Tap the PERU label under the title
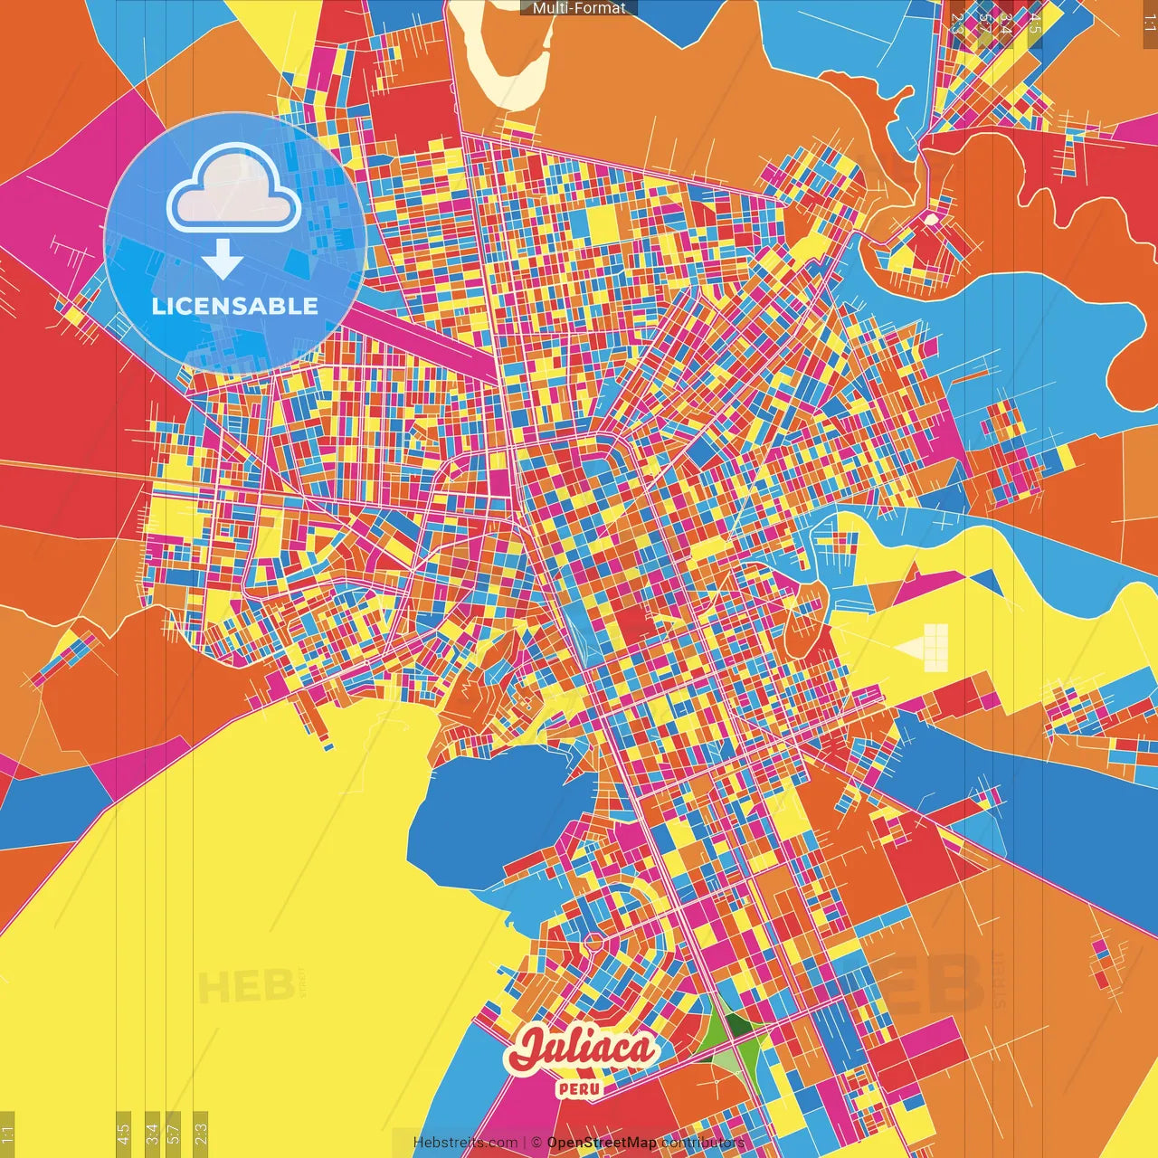point(580,1088)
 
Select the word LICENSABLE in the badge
point(235,306)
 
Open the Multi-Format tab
point(579,8)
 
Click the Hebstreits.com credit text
point(465,1143)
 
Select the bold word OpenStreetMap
point(602,1143)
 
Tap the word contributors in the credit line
point(703,1143)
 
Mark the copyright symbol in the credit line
point(536,1143)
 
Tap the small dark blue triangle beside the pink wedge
point(986,580)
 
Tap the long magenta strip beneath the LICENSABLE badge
point(425,337)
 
